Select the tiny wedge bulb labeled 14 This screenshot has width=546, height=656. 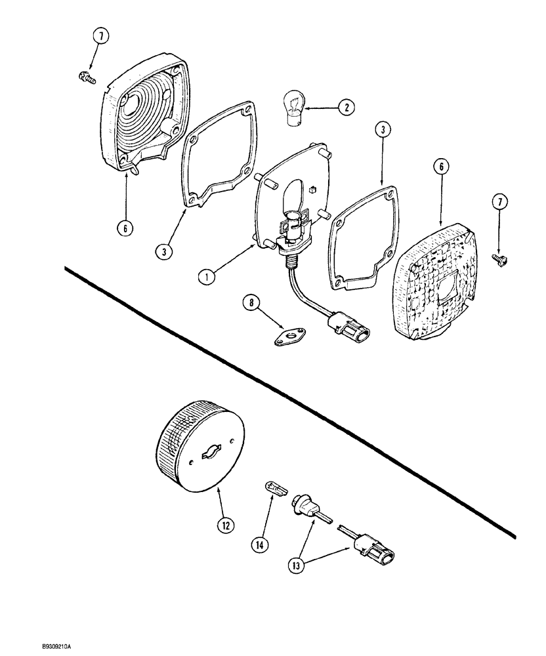(276, 487)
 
